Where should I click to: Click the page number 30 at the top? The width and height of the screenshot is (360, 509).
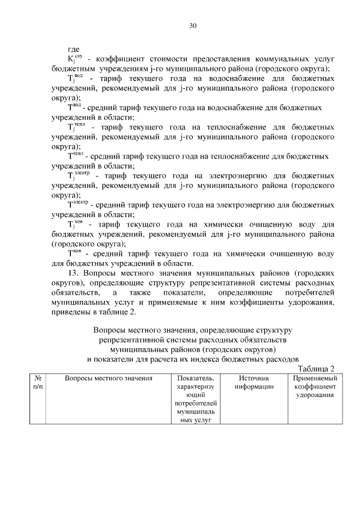pos(193,26)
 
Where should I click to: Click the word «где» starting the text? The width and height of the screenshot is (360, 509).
pos(73,49)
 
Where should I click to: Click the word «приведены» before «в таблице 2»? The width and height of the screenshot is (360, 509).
pos(70,313)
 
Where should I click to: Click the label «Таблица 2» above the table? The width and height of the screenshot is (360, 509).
pos(316,369)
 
